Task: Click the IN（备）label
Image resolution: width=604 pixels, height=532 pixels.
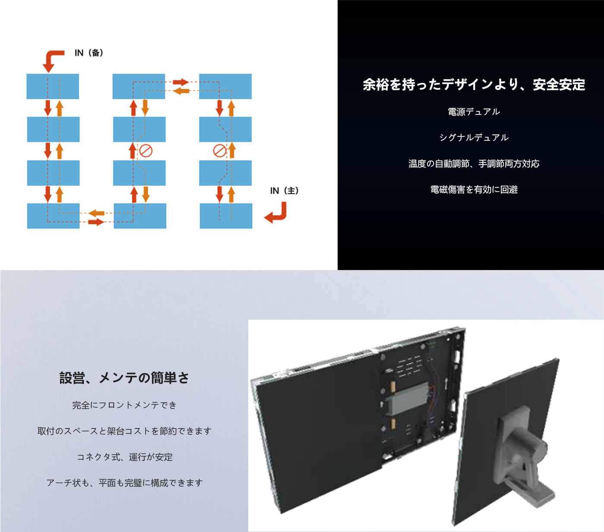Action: pyautogui.click(x=89, y=53)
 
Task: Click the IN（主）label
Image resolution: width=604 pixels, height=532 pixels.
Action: pyautogui.click(x=284, y=191)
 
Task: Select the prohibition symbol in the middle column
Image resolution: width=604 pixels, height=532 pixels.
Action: pyautogui.click(x=146, y=151)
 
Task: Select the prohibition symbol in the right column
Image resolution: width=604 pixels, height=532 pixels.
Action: pyautogui.click(x=220, y=151)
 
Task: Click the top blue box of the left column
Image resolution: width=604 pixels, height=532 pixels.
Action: pyautogui.click(x=53, y=86)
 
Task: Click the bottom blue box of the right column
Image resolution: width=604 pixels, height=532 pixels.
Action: pyautogui.click(x=226, y=216)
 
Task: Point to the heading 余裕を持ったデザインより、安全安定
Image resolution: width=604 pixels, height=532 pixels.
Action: pyautogui.click(x=474, y=85)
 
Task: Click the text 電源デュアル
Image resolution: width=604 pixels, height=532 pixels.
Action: pyautogui.click(x=474, y=112)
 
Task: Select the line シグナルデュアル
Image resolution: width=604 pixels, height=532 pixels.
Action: pyautogui.click(x=474, y=138)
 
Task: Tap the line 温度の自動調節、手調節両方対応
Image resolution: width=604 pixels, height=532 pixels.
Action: pyautogui.click(x=474, y=164)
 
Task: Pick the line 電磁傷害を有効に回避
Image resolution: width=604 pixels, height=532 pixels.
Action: pyautogui.click(x=474, y=189)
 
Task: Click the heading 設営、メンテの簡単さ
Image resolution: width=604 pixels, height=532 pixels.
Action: pyautogui.click(x=124, y=378)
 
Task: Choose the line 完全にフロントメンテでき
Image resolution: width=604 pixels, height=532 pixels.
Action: pyautogui.click(x=124, y=405)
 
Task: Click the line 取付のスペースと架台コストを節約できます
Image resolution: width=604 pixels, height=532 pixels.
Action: pyautogui.click(x=124, y=431)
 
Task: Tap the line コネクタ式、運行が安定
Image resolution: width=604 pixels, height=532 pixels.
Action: pyautogui.click(x=124, y=457)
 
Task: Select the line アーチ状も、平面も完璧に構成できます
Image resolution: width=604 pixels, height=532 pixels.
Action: pyautogui.click(x=124, y=483)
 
